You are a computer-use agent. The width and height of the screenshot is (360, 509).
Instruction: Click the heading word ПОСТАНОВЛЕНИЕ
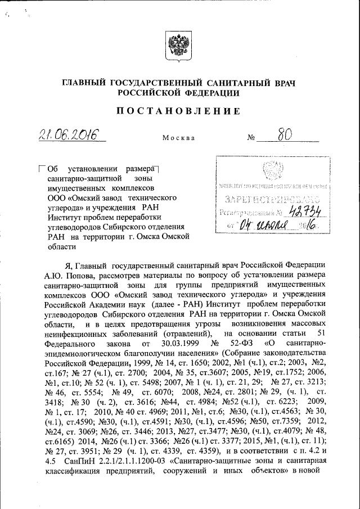(x=179, y=111)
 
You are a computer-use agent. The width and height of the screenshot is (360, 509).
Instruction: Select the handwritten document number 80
(x=285, y=135)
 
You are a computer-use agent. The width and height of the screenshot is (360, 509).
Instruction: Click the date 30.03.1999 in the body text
(x=174, y=343)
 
